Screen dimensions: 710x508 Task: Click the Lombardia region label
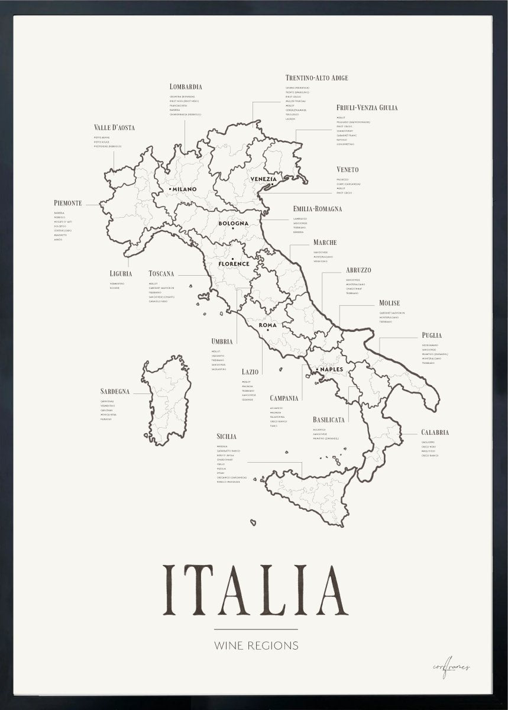(186, 86)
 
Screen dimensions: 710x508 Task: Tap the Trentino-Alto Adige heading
(316, 78)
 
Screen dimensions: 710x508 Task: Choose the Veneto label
(347, 170)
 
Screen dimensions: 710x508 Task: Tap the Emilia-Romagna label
(317, 209)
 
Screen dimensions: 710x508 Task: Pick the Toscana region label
(161, 273)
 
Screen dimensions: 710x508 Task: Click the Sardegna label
(115, 392)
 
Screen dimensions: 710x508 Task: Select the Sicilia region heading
(227, 436)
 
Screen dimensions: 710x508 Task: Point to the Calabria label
(435, 433)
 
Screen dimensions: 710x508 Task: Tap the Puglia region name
(432, 335)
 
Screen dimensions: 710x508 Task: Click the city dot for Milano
(170, 189)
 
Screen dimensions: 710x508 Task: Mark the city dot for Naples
(317, 370)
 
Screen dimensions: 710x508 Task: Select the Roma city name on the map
(268, 325)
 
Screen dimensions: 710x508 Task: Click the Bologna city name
(233, 223)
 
